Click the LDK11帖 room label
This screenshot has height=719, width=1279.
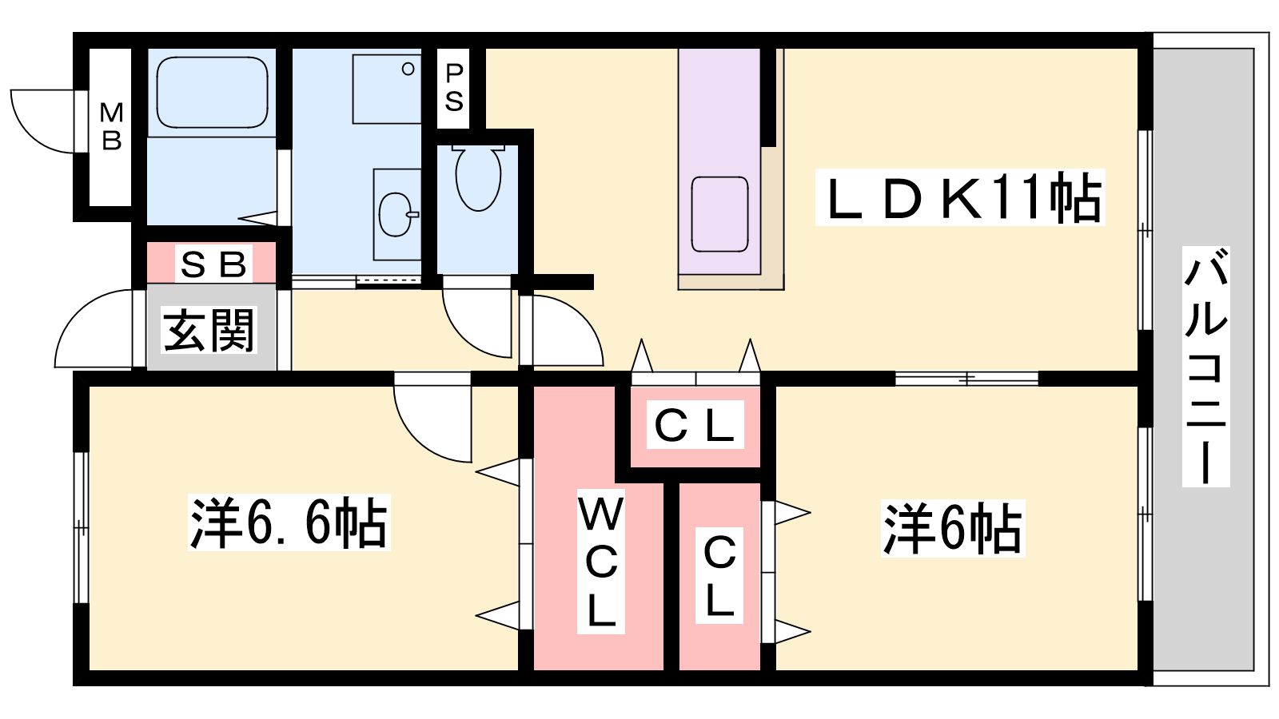click(960, 197)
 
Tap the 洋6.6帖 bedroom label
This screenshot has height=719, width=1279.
click(289, 523)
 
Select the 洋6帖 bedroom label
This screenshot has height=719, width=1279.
click(952, 528)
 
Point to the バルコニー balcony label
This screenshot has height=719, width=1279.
click(1205, 367)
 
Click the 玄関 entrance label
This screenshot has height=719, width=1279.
click(209, 330)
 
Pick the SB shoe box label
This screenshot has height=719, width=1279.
click(212, 264)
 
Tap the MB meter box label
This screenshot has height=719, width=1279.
click(111, 126)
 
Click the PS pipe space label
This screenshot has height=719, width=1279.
click(454, 87)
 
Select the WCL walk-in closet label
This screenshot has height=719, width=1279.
click(600, 562)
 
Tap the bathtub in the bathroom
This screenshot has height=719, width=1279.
click(212, 92)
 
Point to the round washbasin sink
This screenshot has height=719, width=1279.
click(396, 214)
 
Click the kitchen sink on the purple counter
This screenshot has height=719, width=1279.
click(719, 214)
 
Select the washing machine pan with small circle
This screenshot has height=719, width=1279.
click(387, 89)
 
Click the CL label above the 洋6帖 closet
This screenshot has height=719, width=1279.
click(694, 426)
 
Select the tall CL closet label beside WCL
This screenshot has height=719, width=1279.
click(719, 575)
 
